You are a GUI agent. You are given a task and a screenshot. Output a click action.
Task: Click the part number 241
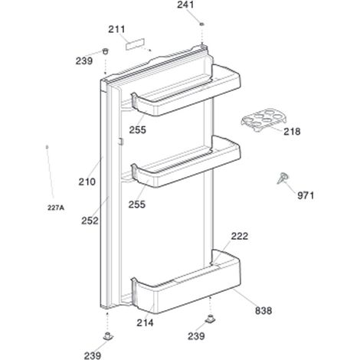[x=185, y=5]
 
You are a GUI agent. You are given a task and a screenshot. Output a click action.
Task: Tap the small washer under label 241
[x=201, y=24]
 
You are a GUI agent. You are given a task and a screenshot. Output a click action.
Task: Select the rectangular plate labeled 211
[x=135, y=44]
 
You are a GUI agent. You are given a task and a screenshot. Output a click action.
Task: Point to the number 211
[x=116, y=29]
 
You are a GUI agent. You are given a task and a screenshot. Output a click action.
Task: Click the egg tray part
[x=264, y=119]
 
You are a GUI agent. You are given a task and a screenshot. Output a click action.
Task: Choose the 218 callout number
[x=292, y=132]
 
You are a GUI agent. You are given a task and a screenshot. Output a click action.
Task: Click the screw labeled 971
[x=283, y=178]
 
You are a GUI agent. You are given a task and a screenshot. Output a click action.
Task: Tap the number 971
[x=306, y=196]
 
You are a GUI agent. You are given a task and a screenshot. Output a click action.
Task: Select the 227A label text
[x=56, y=208]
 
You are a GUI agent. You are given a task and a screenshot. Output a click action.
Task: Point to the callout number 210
[x=87, y=182]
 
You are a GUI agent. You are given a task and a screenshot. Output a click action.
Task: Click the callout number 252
[x=90, y=221]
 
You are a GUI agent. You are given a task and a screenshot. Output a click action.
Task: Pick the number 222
[x=240, y=236]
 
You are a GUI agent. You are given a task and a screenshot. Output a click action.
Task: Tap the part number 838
[x=263, y=311]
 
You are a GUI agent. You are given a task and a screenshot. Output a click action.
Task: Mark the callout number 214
[x=145, y=323]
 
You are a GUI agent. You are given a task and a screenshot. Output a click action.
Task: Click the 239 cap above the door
[x=105, y=51]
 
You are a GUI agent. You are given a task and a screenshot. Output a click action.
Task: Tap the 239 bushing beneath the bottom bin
[x=210, y=319]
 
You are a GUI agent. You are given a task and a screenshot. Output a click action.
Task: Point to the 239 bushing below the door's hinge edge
[x=108, y=335]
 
